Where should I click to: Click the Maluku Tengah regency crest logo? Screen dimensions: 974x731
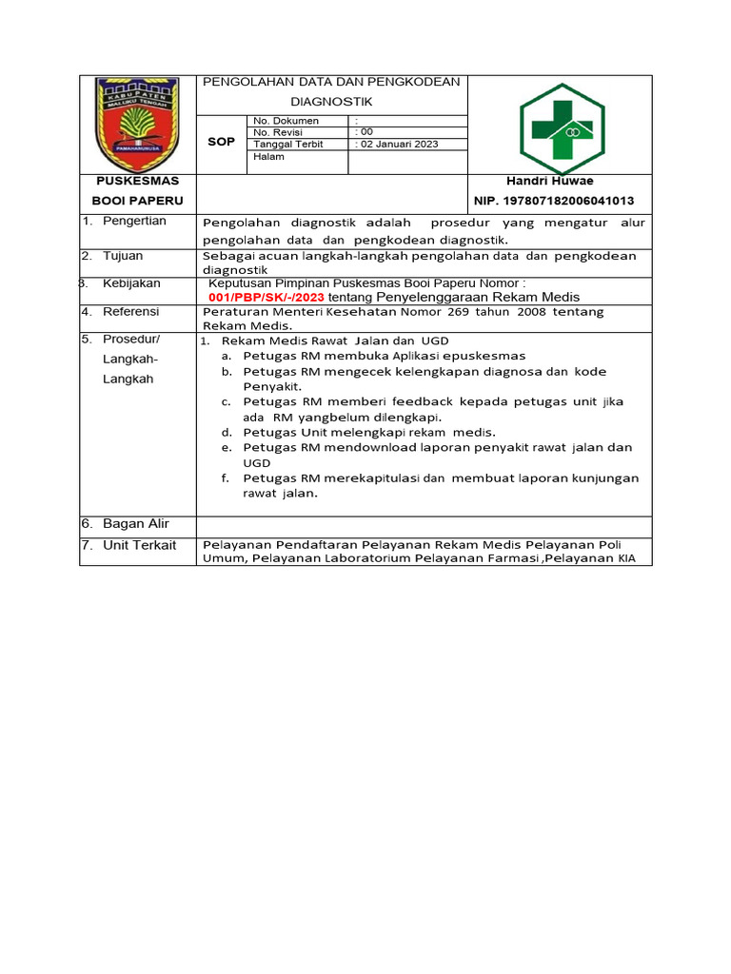pos(137,123)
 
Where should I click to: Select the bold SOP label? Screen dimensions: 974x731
pos(221,141)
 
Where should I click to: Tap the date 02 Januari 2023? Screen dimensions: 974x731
pos(396,145)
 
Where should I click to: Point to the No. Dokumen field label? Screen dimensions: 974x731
pos(286,122)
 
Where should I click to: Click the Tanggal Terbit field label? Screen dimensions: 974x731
pos(288,145)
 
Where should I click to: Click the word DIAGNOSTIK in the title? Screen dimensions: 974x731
pos(332,101)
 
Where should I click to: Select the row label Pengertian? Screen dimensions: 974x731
pos(134,221)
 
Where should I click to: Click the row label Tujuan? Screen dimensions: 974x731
pos(123,256)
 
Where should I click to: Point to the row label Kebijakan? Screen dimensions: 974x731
pos(131,283)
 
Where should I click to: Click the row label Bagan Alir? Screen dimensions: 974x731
pos(135,524)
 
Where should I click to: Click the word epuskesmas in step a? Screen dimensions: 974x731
pos(485,355)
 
